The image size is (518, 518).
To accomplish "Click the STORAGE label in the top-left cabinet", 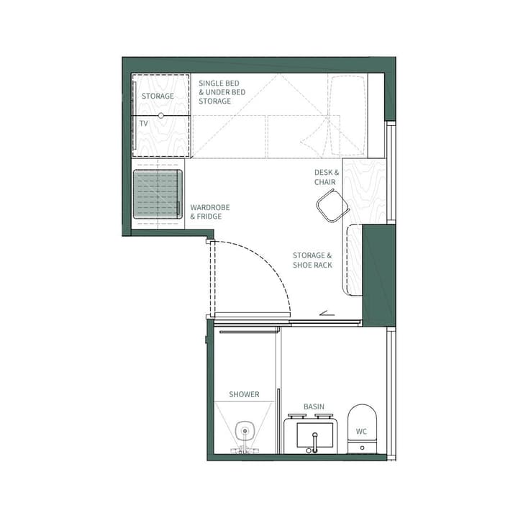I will pos(158,96).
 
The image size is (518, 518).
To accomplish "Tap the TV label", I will pos(144,124).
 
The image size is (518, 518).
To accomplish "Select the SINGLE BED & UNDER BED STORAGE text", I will pos(222,92).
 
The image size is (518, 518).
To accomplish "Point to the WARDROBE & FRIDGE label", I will pos(210,212).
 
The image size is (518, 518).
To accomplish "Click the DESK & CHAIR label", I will pos(326,177).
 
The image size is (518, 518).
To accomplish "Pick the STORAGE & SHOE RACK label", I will pos(312,260).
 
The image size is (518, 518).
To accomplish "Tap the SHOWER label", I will pos(244,394).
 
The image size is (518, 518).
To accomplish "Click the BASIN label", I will pos(314,406).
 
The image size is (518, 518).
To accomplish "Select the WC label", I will pos(361,432).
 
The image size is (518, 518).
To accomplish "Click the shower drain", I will pos(245,432).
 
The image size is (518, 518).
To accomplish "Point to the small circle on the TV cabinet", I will pos(161,115).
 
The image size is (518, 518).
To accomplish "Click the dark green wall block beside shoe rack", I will pos(378,273).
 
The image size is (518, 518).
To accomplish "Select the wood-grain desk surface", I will pos(365,187).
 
